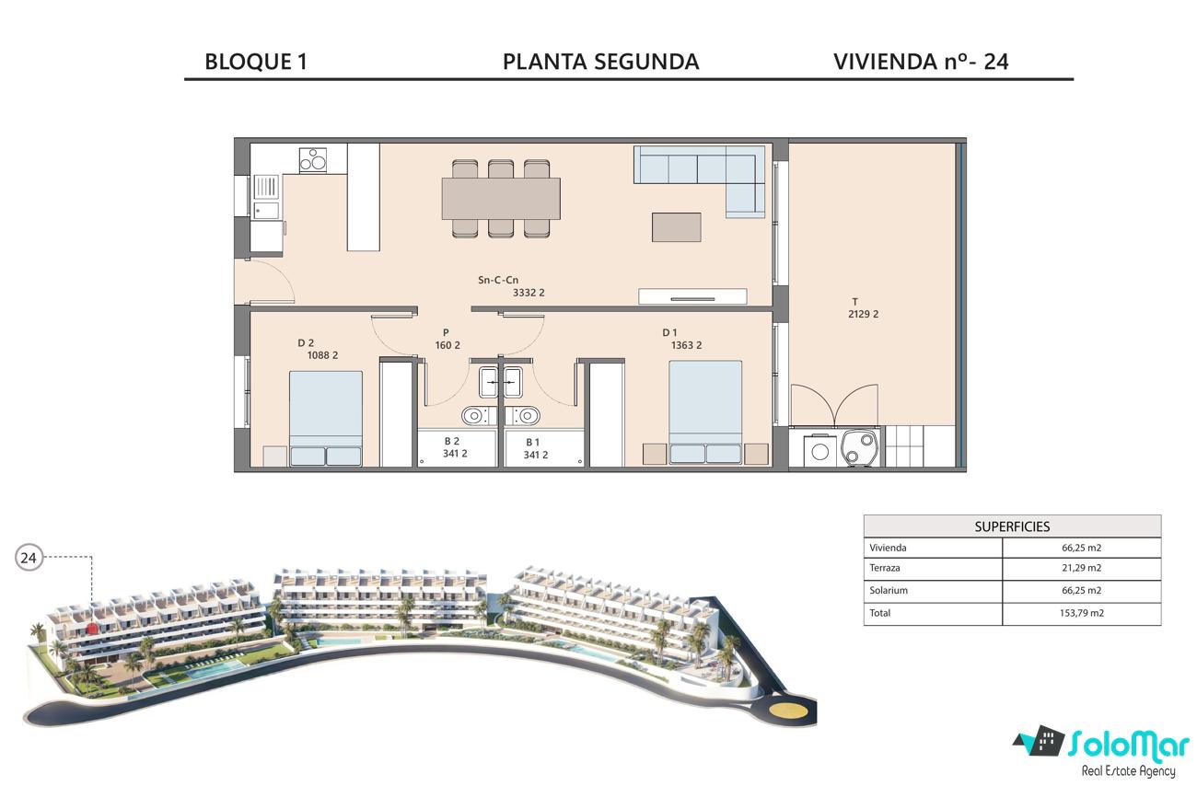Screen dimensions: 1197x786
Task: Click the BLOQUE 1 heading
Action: click(256, 62)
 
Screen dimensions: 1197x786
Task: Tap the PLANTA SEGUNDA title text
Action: click(600, 62)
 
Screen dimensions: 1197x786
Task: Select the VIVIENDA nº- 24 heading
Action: click(921, 62)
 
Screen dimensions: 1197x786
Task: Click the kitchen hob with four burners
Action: click(313, 159)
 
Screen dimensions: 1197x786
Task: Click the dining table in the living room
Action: click(501, 199)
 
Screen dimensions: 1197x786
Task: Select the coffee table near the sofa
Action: click(676, 227)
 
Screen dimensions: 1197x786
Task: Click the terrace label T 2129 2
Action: click(863, 308)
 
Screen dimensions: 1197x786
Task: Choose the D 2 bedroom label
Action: click(318, 349)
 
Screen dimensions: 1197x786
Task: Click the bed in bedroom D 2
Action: click(325, 419)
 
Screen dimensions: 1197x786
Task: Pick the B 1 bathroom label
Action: click(535, 448)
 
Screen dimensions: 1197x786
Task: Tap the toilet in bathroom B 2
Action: click(473, 415)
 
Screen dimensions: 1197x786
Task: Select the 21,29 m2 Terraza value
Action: click(1081, 568)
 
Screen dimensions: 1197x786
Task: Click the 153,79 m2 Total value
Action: click(1081, 613)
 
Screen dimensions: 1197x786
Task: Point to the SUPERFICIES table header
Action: click(1012, 526)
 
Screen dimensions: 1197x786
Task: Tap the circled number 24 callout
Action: click(29, 558)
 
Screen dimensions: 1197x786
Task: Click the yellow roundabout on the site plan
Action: click(789, 711)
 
